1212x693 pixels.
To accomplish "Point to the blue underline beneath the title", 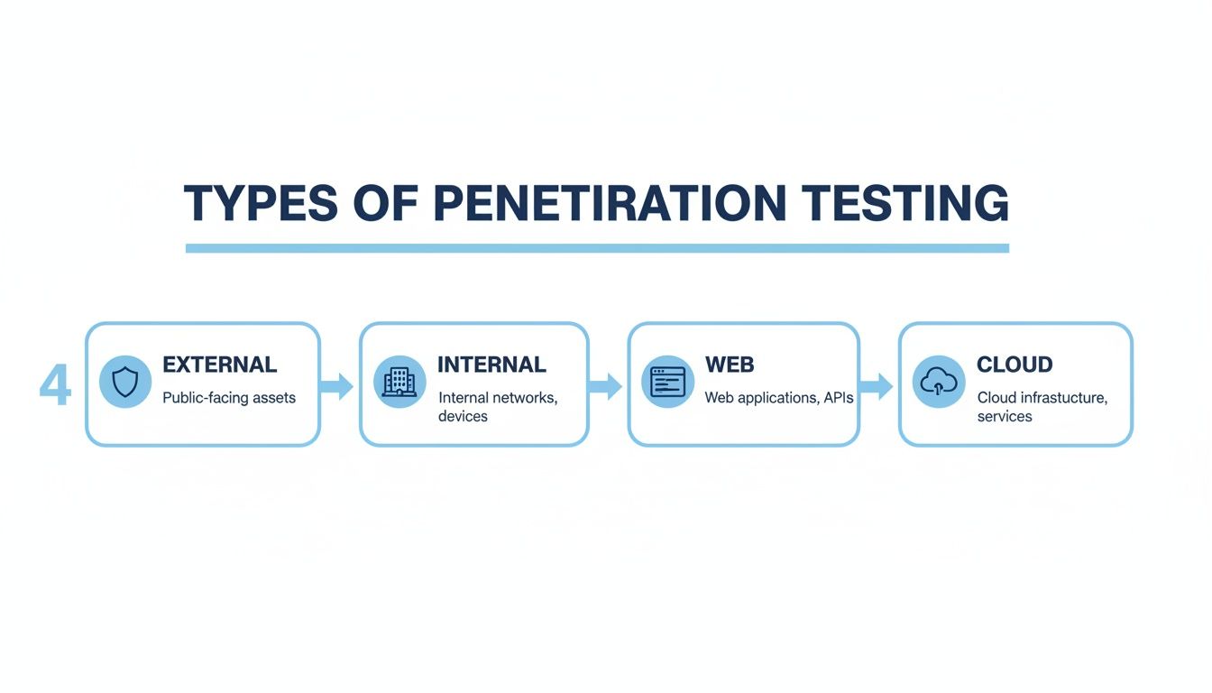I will tap(597, 248).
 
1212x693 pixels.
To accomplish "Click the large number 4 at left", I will tap(55, 386).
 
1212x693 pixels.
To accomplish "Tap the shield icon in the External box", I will tap(125, 382).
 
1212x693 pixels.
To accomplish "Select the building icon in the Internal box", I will tap(399, 382).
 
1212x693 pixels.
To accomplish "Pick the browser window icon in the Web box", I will tap(668, 382).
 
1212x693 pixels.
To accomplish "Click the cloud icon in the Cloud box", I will tap(939, 382).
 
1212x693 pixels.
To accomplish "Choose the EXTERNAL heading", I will tap(219, 365).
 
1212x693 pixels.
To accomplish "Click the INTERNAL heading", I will tap(491, 365).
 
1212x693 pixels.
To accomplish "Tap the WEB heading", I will tap(730, 365).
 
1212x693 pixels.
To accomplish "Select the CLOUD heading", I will tap(1015, 365).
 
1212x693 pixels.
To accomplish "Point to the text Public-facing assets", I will tap(229, 398).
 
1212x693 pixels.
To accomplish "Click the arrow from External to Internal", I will tap(337, 386).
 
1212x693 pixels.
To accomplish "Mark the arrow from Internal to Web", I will tap(606, 386).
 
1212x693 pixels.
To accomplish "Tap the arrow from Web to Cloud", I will tap(876, 386).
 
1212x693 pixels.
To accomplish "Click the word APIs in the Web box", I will tap(838, 398).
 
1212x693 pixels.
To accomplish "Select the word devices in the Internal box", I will tap(463, 416).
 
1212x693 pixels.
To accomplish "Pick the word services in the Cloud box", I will tap(1005, 416).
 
